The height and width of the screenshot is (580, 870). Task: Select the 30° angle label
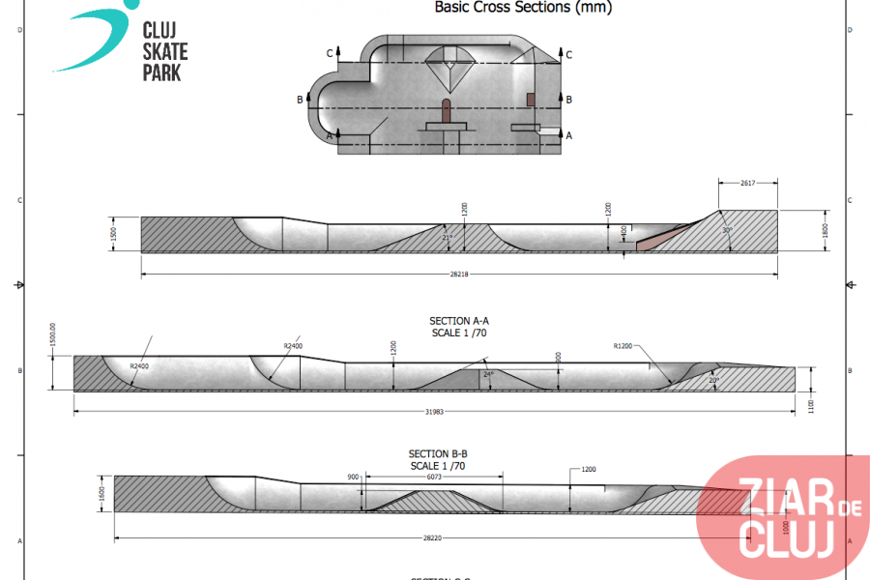[726, 230]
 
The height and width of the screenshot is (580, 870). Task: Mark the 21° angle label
[446, 237]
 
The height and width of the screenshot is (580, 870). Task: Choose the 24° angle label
[488, 374]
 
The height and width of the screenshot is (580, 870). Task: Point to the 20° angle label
[714, 380]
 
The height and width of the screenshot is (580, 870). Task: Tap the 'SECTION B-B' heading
[438, 453]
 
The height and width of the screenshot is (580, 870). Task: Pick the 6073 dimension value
[432, 477]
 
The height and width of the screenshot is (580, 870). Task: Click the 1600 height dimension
[101, 493]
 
